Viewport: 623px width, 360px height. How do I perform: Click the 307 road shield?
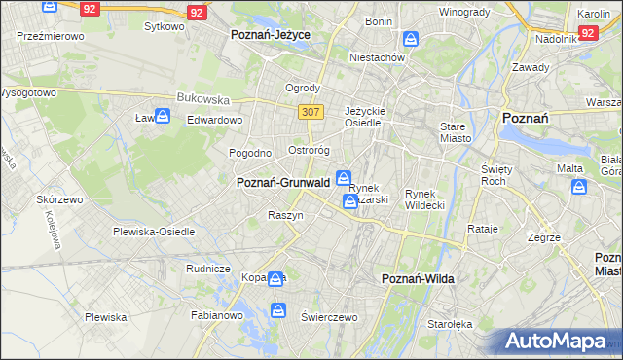311,112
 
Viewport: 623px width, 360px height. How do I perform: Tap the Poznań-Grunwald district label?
282,182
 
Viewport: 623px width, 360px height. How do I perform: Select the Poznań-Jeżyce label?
270,34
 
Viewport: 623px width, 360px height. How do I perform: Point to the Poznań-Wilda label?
419,278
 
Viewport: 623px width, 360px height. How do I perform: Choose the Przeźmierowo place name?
50,35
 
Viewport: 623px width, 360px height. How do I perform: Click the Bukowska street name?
202,98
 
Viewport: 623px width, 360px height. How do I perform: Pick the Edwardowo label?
214,120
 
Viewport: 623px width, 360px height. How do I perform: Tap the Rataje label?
483,229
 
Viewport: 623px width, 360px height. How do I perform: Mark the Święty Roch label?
497,174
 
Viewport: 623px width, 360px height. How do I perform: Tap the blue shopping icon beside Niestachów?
411,40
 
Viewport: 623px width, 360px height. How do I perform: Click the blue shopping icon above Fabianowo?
278,311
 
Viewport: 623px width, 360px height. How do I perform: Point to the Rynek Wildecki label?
424,198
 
